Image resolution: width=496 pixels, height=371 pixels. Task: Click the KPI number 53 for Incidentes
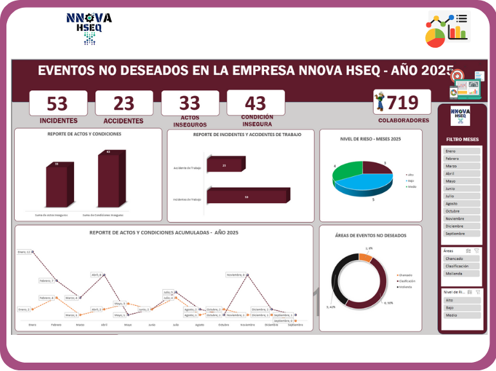pos(58,103)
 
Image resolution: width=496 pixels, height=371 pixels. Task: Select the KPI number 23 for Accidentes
pos(124,103)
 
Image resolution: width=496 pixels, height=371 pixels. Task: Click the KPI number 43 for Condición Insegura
pos(255,103)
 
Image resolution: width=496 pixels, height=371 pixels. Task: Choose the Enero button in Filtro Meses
pos(462,151)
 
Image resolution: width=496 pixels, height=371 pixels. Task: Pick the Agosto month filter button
pos(462,203)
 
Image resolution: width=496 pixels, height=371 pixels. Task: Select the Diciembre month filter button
pos(462,226)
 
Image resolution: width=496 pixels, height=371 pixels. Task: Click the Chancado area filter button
pos(462,259)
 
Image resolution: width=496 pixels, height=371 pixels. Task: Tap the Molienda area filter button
pos(462,274)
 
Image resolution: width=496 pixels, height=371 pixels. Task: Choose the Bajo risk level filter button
pos(462,308)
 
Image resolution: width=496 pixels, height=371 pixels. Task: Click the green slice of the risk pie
pos(348,173)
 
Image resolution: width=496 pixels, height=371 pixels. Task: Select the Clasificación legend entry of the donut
pos(406,281)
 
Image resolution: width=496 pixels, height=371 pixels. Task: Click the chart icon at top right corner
pos(448,29)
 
